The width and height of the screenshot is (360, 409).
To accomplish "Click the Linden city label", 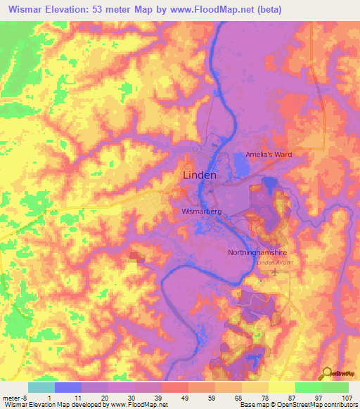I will coord(200,175).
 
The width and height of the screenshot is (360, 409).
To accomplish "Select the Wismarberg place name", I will coord(202,210).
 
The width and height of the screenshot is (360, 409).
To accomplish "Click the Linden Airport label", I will coord(274,263).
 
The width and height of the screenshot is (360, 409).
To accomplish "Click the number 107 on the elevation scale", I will coord(348,397).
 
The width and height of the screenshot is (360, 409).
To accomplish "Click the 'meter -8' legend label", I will coord(15,397).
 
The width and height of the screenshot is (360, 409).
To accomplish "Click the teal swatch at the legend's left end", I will coord(41,387).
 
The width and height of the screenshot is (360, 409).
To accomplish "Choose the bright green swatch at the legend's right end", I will coord(335,387).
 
